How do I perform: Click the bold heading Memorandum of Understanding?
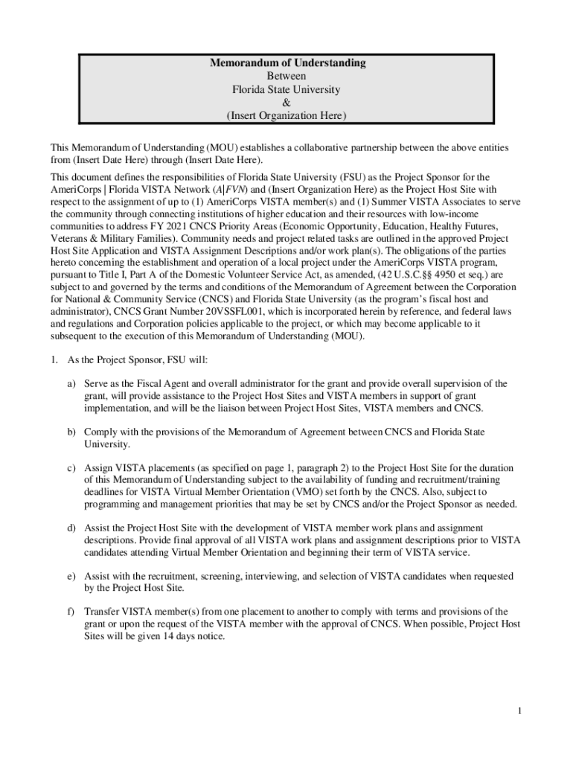(286, 63)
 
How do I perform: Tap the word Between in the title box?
(286, 76)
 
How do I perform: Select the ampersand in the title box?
(286, 103)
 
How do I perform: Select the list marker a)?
(71, 384)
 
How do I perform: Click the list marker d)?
(71, 528)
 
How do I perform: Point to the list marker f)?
(71, 612)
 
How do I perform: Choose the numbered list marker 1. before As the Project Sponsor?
(54, 359)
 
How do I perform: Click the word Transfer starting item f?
(101, 612)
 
